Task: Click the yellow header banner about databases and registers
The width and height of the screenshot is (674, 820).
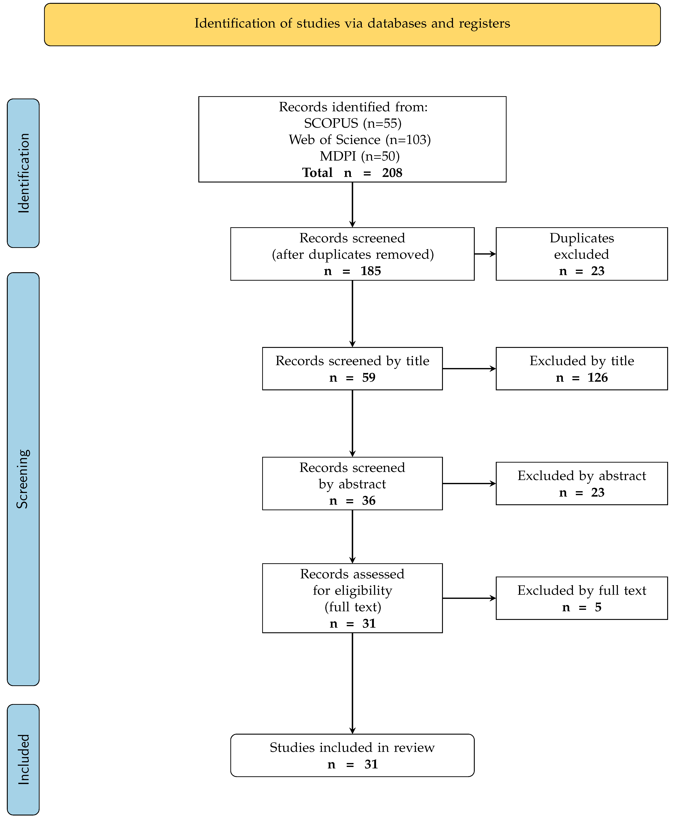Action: pos(352,24)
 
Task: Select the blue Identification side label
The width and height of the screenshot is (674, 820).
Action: pos(23,173)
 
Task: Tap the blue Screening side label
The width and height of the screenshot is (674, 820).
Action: pos(23,479)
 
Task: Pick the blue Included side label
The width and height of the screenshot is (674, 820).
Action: pos(23,759)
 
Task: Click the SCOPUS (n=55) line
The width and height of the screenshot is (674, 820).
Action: pos(352,123)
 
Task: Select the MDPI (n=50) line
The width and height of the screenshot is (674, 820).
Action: pos(359,156)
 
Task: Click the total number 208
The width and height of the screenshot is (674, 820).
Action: pos(392,173)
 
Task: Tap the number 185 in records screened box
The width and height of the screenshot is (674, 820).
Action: pos(371,271)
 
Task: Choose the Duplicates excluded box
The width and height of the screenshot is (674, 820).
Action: pos(582,254)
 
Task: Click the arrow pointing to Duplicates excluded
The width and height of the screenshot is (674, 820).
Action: pos(485,254)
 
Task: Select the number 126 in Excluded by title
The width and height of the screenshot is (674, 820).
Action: pos(598,378)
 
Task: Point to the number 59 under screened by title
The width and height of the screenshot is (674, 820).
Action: pos(369,378)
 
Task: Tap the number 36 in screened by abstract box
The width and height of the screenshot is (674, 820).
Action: pos(369,501)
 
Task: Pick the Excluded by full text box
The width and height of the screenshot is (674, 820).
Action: pos(582,598)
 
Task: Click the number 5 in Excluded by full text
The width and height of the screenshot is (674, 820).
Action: pos(598,607)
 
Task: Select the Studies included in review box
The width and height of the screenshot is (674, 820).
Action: pos(352,755)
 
